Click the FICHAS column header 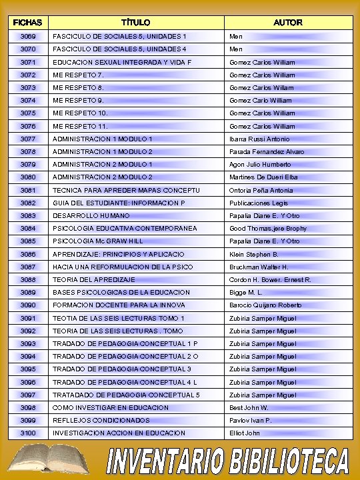coord(27,23)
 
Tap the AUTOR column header coord(288,23)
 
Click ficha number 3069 coord(28,36)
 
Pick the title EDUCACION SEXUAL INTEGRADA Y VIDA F coord(122,62)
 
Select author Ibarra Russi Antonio coord(259,139)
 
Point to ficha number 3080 coord(28,177)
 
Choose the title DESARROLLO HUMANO coord(91,216)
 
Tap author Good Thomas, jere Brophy coord(268,229)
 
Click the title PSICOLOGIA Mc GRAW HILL coord(98,241)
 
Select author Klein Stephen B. coord(254,254)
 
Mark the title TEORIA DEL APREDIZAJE coord(94,280)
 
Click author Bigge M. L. coord(246,293)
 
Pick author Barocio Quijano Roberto coord(265,305)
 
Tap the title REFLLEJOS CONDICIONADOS coord(101,421)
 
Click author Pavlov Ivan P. coord(251,421)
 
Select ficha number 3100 coord(28,433)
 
